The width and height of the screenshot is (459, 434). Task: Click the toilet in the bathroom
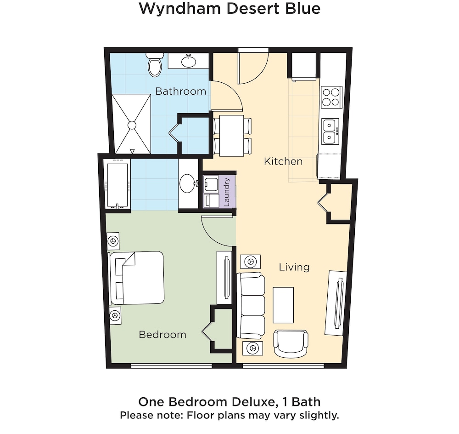(155, 65)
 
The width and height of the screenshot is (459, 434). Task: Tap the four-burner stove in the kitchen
(331, 97)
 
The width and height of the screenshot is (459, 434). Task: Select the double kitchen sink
(330, 131)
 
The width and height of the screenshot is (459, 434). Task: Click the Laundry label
(226, 192)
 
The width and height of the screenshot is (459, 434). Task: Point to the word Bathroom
(180, 91)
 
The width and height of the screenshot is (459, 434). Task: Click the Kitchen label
(283, 161)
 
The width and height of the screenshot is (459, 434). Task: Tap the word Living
(294, 267)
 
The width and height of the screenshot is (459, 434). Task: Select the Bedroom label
(162, 335)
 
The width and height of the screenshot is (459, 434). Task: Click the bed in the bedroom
(136, 278)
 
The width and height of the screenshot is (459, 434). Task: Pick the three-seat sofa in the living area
(251, 305)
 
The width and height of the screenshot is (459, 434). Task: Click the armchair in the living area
(291, 344)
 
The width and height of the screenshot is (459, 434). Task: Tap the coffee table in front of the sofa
(283, 305)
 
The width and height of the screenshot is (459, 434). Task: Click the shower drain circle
(132, 125)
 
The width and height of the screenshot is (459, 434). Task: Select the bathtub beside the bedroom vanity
(117, 185)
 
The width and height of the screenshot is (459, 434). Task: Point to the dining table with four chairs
(232, 136)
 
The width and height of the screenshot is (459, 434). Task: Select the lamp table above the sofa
(250, 261)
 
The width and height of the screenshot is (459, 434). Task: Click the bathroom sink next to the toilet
(189, 61)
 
